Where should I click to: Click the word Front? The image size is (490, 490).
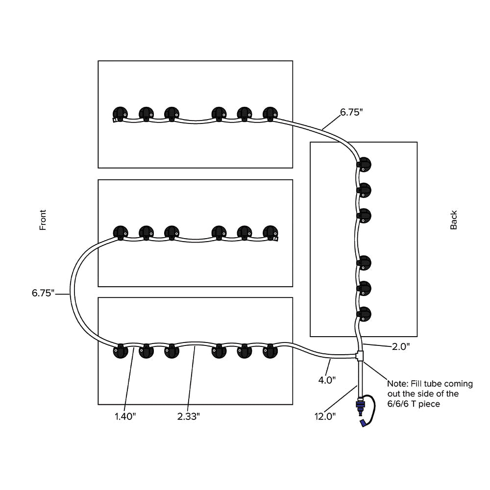pyautogui.click(x=43, y=220)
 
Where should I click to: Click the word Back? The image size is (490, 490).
pyautogui.click(x=454, y=220)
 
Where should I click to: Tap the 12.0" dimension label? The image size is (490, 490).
pyautogui.click(x=325, y=416)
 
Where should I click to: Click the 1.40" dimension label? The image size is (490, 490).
pyautogui.click(x=125, y=416)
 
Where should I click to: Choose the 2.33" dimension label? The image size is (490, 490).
pyautogui.click(x=188, y=416)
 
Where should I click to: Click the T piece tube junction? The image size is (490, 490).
pyautogui.click(x=360, y=355)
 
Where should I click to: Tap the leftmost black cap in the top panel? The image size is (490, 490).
pyautogui.click(x=120, y=114)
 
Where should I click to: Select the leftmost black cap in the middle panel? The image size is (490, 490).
pyautogui.click(x=120, y=232)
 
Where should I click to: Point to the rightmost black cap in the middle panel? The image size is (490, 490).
pyautogui.click(x=270, y=232)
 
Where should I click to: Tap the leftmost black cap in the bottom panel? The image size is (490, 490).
pyautogui.click(x=120, y=351)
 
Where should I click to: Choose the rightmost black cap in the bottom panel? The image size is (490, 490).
pyautogui.click(x=270, y=351)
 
